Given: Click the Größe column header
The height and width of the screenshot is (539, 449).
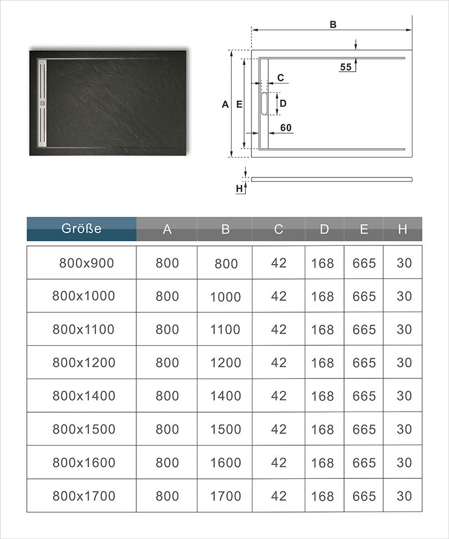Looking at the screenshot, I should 81,229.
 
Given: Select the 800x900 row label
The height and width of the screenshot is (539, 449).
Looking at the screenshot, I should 86,263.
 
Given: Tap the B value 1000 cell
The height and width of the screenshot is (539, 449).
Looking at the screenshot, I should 225,297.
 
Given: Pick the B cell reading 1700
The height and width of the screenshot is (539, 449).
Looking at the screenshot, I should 225,496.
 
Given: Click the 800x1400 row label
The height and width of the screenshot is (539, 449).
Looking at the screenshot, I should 84,396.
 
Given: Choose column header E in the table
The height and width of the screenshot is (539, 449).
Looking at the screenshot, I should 364,229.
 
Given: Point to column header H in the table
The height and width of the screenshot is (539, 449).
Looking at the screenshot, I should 402,229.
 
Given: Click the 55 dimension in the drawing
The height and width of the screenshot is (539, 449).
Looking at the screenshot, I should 346,67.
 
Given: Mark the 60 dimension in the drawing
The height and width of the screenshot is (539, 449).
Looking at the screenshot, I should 286,128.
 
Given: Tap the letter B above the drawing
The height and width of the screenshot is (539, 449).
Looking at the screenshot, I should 333,25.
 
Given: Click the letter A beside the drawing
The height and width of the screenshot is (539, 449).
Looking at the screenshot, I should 225,104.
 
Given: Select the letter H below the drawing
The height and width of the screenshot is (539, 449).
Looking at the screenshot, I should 240,189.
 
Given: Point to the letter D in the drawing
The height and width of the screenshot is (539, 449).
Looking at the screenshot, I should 283,103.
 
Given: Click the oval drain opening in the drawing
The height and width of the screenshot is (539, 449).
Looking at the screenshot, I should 265,103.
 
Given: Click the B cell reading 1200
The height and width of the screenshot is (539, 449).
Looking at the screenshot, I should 225,363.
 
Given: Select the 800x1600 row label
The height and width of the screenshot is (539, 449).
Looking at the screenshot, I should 84,463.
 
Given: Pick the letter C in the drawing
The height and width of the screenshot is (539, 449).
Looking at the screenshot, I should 281,77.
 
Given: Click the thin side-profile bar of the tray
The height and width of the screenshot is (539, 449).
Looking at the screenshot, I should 331,179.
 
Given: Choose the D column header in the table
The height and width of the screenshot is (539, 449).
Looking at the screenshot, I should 324,229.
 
